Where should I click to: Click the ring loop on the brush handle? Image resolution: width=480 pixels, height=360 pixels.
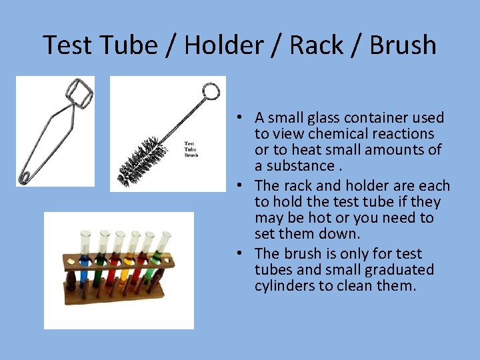tap(211, 91)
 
